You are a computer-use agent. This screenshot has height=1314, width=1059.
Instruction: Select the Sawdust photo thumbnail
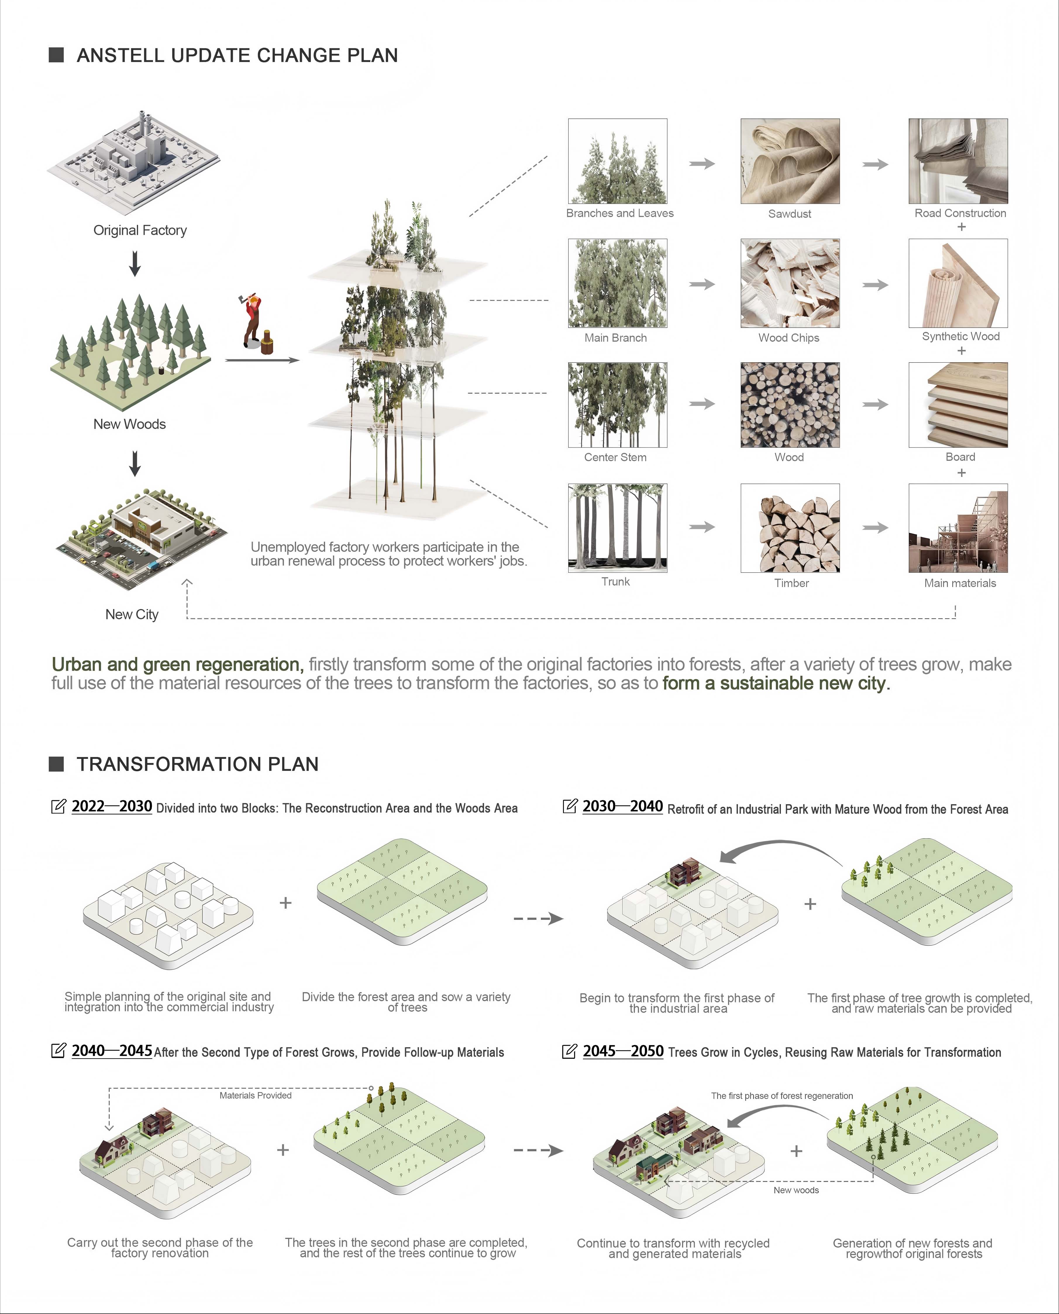pos(790,161)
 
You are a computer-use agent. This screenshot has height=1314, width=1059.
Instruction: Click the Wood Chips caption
pos(789,337)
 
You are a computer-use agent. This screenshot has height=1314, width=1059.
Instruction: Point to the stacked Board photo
pos(958,405)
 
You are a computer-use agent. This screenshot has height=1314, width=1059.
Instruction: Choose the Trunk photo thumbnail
pos(617,528)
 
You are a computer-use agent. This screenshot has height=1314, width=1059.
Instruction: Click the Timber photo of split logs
pos(790,528)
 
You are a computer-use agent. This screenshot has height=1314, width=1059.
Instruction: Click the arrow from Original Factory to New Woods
pos(135,264)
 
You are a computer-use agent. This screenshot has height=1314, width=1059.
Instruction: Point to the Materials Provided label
pos(256,1095)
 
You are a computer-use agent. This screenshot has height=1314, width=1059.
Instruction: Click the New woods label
pos(796,1190)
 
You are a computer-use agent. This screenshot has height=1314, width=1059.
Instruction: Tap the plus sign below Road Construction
pos(961,227)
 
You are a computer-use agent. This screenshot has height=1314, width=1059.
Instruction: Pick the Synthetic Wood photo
pos(958,283)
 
